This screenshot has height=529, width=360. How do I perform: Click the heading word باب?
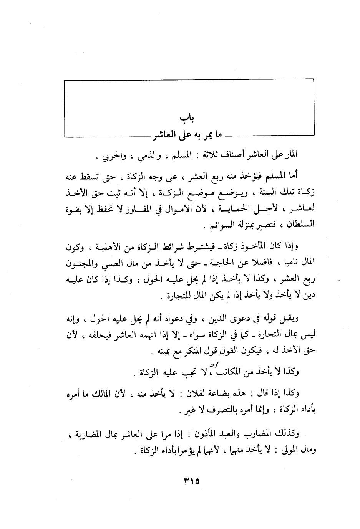(x=186, y=117)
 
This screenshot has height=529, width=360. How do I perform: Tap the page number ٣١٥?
(x=190, y=481)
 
